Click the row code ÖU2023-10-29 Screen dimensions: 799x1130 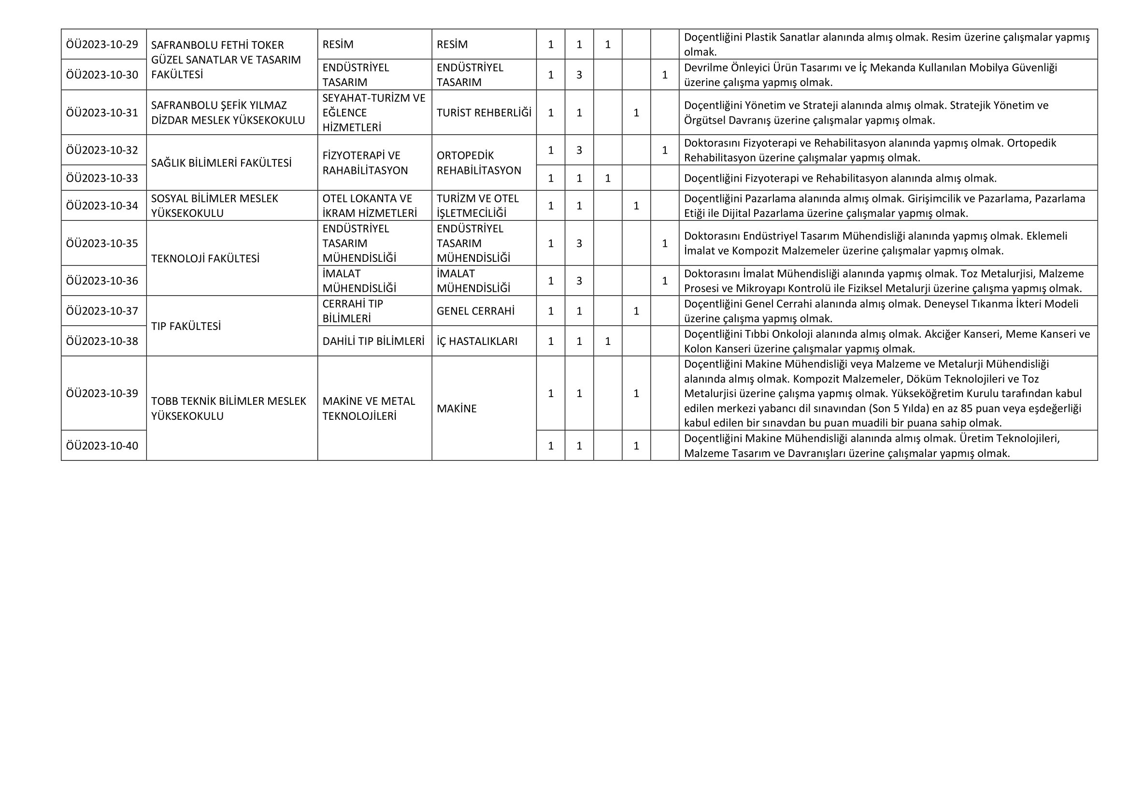click(x=102, y=44)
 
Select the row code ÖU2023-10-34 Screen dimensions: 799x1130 click(x=102, y=206)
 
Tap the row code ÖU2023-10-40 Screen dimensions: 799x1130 click(x=102, y=446)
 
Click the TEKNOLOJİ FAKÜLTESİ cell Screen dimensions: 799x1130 click(x=205, y=258)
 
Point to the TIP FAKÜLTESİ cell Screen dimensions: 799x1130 click(x=186, y=326)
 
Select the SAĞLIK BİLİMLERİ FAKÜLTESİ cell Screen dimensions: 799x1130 click(x=221, y=163)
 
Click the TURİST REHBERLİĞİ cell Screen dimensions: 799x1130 click(x=484, y=113)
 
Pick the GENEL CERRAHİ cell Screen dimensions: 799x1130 click(x=475, y=311)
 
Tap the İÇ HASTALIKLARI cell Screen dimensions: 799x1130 click(x=477, y=342)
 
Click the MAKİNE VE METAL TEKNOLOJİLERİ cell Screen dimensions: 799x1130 click(x=369, y=408)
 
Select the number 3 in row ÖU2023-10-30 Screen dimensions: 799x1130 click(x=579, y=75)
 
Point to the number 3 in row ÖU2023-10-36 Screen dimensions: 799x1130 click(x=579, y=281)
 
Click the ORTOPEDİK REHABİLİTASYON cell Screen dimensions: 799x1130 click(x=478, y=163)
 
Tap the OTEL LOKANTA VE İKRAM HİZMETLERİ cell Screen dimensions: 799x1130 click(x=370, y=206)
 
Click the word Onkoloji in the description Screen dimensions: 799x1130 click(x=794, y=334)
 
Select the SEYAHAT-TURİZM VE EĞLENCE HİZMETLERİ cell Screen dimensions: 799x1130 click(x=373, y=113)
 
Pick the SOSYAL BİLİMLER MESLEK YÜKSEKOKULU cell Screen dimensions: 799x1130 click(x=215, y=206)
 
